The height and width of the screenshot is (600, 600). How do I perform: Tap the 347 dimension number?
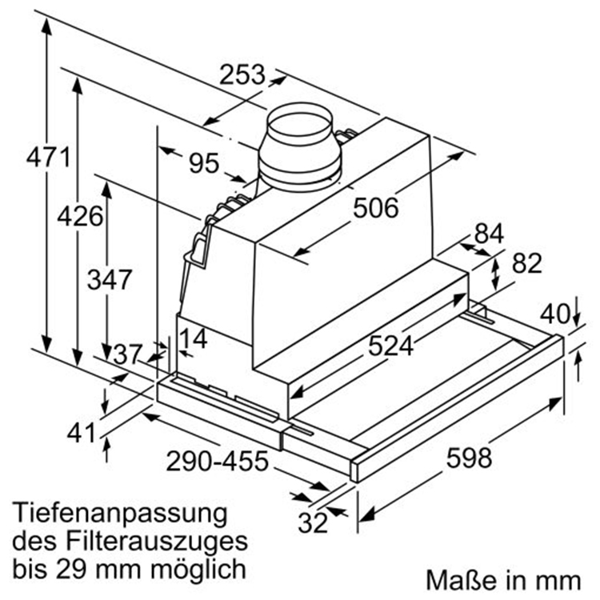pos(110,280)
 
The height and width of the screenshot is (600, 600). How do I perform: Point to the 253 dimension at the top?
pos(242,74)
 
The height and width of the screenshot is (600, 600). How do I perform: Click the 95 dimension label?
pos(203,163)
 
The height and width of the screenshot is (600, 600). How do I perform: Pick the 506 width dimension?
pos(375,208)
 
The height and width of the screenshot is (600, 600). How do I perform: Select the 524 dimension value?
pos(391,346)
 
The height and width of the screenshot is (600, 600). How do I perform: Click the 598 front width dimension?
pos(468,458)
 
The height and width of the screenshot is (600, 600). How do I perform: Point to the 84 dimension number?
pos(489,234)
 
